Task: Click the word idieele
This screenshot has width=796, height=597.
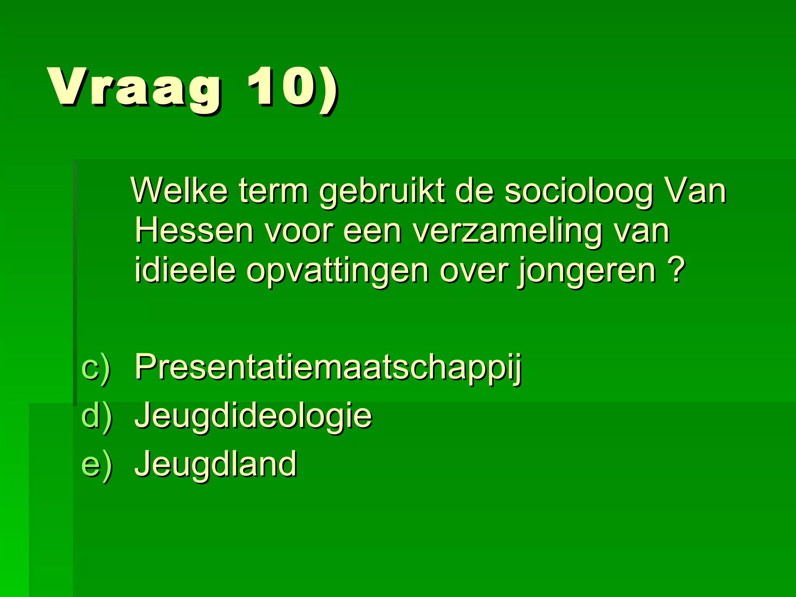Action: click(x=185, y=270)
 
